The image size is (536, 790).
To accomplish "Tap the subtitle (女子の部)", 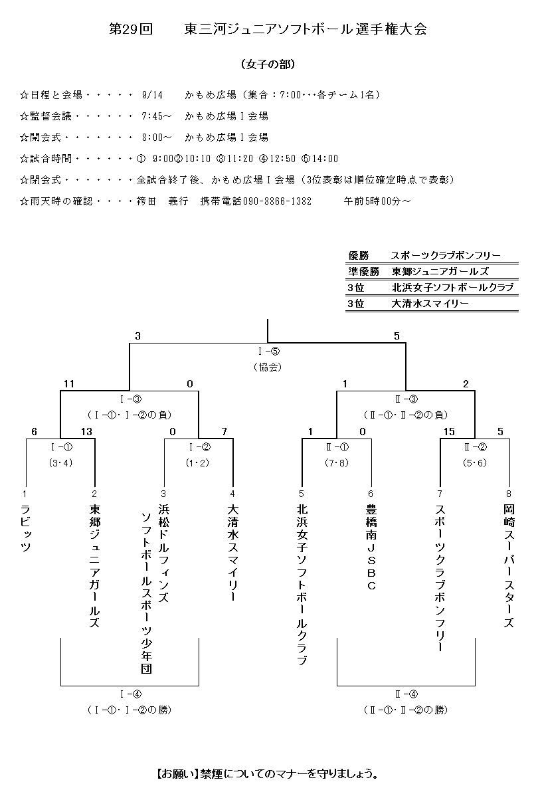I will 268,64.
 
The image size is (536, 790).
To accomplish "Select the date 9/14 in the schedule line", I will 152,95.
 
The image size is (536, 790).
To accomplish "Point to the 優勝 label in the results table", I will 358,255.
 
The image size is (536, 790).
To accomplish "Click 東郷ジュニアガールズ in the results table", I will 440,271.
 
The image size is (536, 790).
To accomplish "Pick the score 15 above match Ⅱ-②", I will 450,432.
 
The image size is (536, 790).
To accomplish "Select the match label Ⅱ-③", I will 406,399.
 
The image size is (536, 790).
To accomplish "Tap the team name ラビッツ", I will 26,529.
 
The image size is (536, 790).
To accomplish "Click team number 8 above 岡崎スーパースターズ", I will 509,494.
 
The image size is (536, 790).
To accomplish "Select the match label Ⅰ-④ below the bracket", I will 130,694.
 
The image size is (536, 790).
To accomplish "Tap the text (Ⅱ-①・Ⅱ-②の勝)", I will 406,710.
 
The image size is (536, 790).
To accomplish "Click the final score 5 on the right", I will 397,336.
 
